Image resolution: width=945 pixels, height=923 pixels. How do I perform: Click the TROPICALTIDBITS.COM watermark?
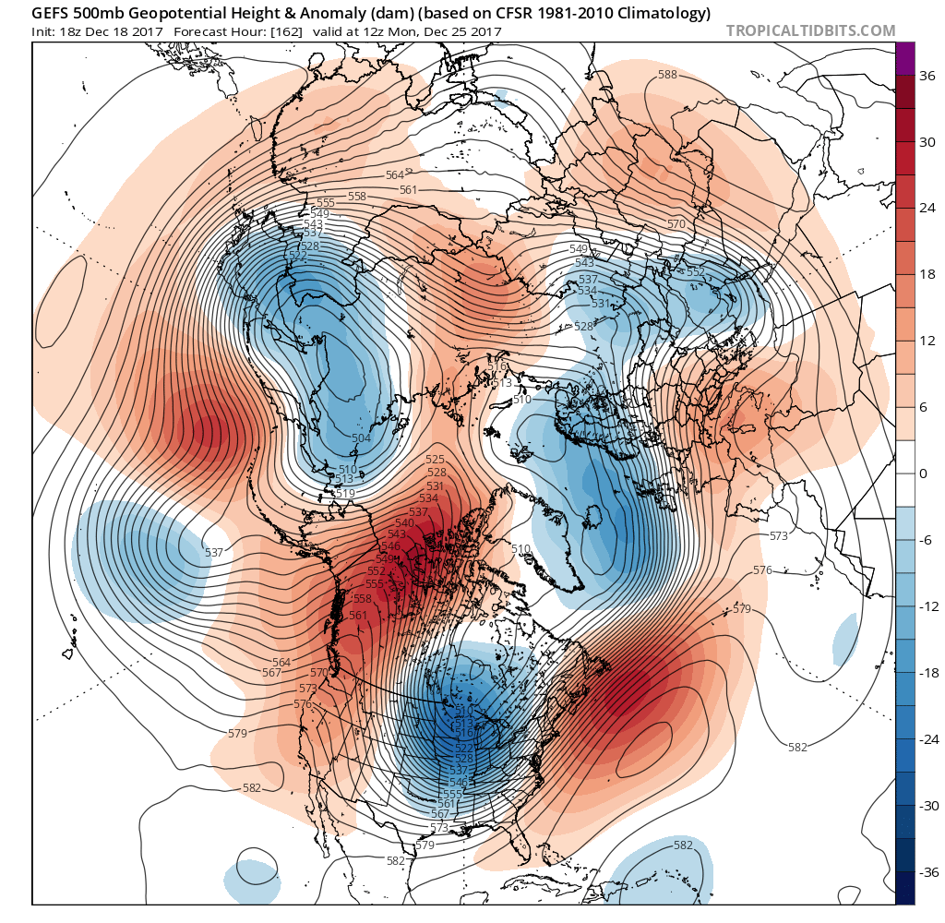coord(810,30)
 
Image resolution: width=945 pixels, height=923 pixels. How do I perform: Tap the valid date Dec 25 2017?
coord(465,31)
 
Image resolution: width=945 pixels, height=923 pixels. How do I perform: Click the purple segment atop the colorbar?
coord(904,58)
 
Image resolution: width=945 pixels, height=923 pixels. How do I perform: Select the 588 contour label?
coord(666,74)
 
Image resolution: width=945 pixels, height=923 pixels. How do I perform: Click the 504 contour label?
coord(361,438)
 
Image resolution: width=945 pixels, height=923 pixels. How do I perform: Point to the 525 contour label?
coord(436,459)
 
